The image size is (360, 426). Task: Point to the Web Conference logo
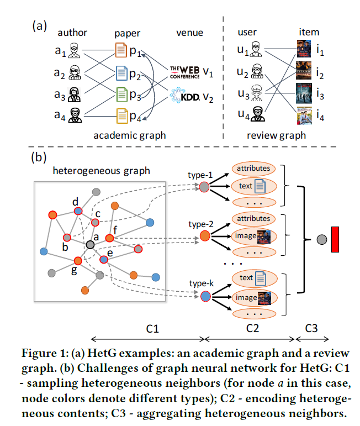[184, 71]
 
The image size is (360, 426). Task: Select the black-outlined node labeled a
[89, 244]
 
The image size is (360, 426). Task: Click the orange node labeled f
[109, 238]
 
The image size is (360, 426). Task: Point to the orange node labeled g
[78, 261]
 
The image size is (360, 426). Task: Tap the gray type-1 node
[205, 188]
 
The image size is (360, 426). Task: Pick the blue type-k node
[205, 297]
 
